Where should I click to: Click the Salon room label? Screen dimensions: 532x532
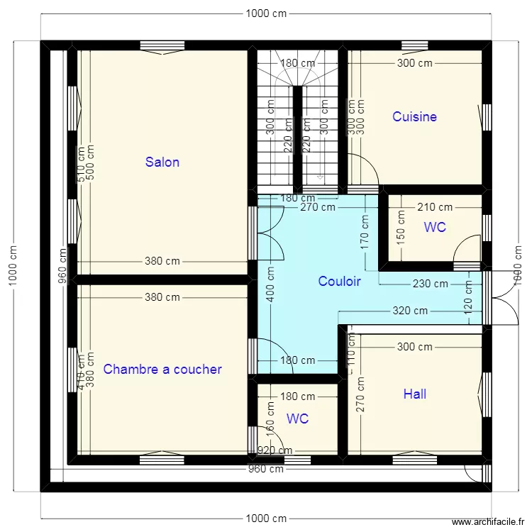(x=162, y=162)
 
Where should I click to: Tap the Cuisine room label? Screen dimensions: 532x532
(x=414, y=116)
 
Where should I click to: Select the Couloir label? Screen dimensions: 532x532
(x=339, y=282)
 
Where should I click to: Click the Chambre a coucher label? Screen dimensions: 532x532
(x=162, y=369)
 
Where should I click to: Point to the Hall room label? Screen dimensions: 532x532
(x=414, y=394)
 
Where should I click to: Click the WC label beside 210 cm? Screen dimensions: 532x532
(x=435, y=227)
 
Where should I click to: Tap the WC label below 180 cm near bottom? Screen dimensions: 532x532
(x=298, y=419)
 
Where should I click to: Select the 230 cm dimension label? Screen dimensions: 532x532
(x=431, y=284)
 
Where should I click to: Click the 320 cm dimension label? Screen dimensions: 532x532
(x=411, y=311)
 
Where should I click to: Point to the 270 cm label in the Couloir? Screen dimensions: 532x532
(x=318, y=208)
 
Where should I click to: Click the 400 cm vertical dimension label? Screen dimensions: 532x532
(x=270, y=284)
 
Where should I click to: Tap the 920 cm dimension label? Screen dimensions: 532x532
(x=275, y=450)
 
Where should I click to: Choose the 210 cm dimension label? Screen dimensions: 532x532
(x=435, y=207)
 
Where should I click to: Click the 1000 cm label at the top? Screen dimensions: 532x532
(x=266, y=13)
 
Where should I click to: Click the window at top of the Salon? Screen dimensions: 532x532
(x=162, y=45)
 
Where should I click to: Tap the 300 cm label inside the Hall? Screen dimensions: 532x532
(x=414, y=347)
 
